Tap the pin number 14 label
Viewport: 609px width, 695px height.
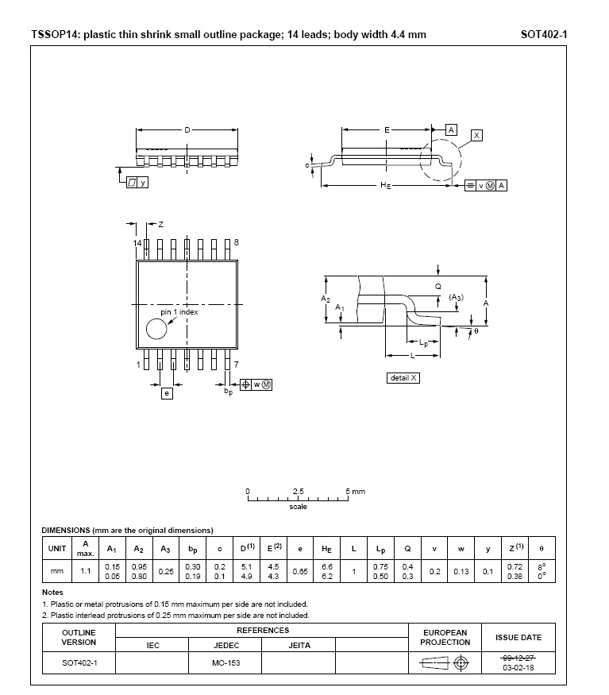137,242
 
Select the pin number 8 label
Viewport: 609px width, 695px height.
236,242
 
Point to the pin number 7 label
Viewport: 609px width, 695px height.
236,365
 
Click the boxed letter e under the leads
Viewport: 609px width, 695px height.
167,393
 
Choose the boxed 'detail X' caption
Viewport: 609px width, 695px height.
403,377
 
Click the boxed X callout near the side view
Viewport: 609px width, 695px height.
476,136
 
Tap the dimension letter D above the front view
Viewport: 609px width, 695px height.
187,129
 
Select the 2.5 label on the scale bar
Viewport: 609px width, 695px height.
298,492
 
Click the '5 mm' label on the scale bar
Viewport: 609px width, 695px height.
355,492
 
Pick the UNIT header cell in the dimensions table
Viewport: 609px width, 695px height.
57,548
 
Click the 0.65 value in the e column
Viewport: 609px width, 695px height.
299,571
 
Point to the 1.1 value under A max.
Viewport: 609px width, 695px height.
86,571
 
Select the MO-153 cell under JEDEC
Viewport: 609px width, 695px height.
225,662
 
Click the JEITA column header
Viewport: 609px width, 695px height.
299,645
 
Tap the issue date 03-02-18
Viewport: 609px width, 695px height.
518,668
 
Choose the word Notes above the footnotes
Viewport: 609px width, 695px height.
52,593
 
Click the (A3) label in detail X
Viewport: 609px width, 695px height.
456,297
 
